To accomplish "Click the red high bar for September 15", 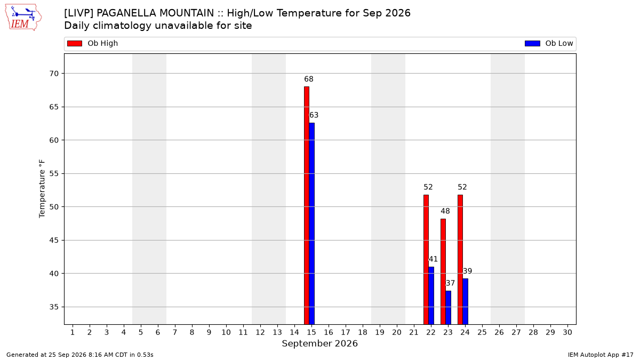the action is coord(307,205).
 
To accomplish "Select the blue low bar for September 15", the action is coord(311,223).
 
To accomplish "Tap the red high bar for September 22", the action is coord(426,259).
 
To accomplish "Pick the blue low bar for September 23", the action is coord(449,307).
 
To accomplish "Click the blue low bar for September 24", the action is coord(466,301).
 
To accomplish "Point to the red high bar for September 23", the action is coord(443,271).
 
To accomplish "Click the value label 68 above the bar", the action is coord(309,79).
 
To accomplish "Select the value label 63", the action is coord(314,115).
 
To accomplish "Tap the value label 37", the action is coord(450,283).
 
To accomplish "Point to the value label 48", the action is coord(445,211).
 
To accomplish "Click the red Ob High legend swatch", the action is coord(75,43).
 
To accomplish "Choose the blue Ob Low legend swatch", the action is coord(533,43).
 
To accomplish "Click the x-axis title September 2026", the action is coord(319,343).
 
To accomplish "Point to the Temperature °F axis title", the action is coord(42,189).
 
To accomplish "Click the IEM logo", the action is coord(23,18).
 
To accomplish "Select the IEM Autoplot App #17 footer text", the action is coord(601,355).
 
